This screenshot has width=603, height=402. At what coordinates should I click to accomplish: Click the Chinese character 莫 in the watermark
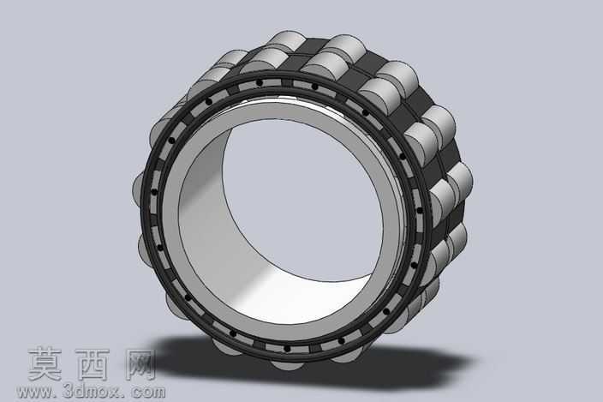45,364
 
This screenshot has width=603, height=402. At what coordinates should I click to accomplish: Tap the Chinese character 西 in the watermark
93,364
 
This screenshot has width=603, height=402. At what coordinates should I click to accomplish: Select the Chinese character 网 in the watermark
140,364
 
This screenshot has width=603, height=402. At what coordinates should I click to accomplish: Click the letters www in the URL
34,392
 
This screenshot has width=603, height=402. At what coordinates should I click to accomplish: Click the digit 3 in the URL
67,391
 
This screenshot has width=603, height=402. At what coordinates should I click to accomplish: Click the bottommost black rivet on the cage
287,349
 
